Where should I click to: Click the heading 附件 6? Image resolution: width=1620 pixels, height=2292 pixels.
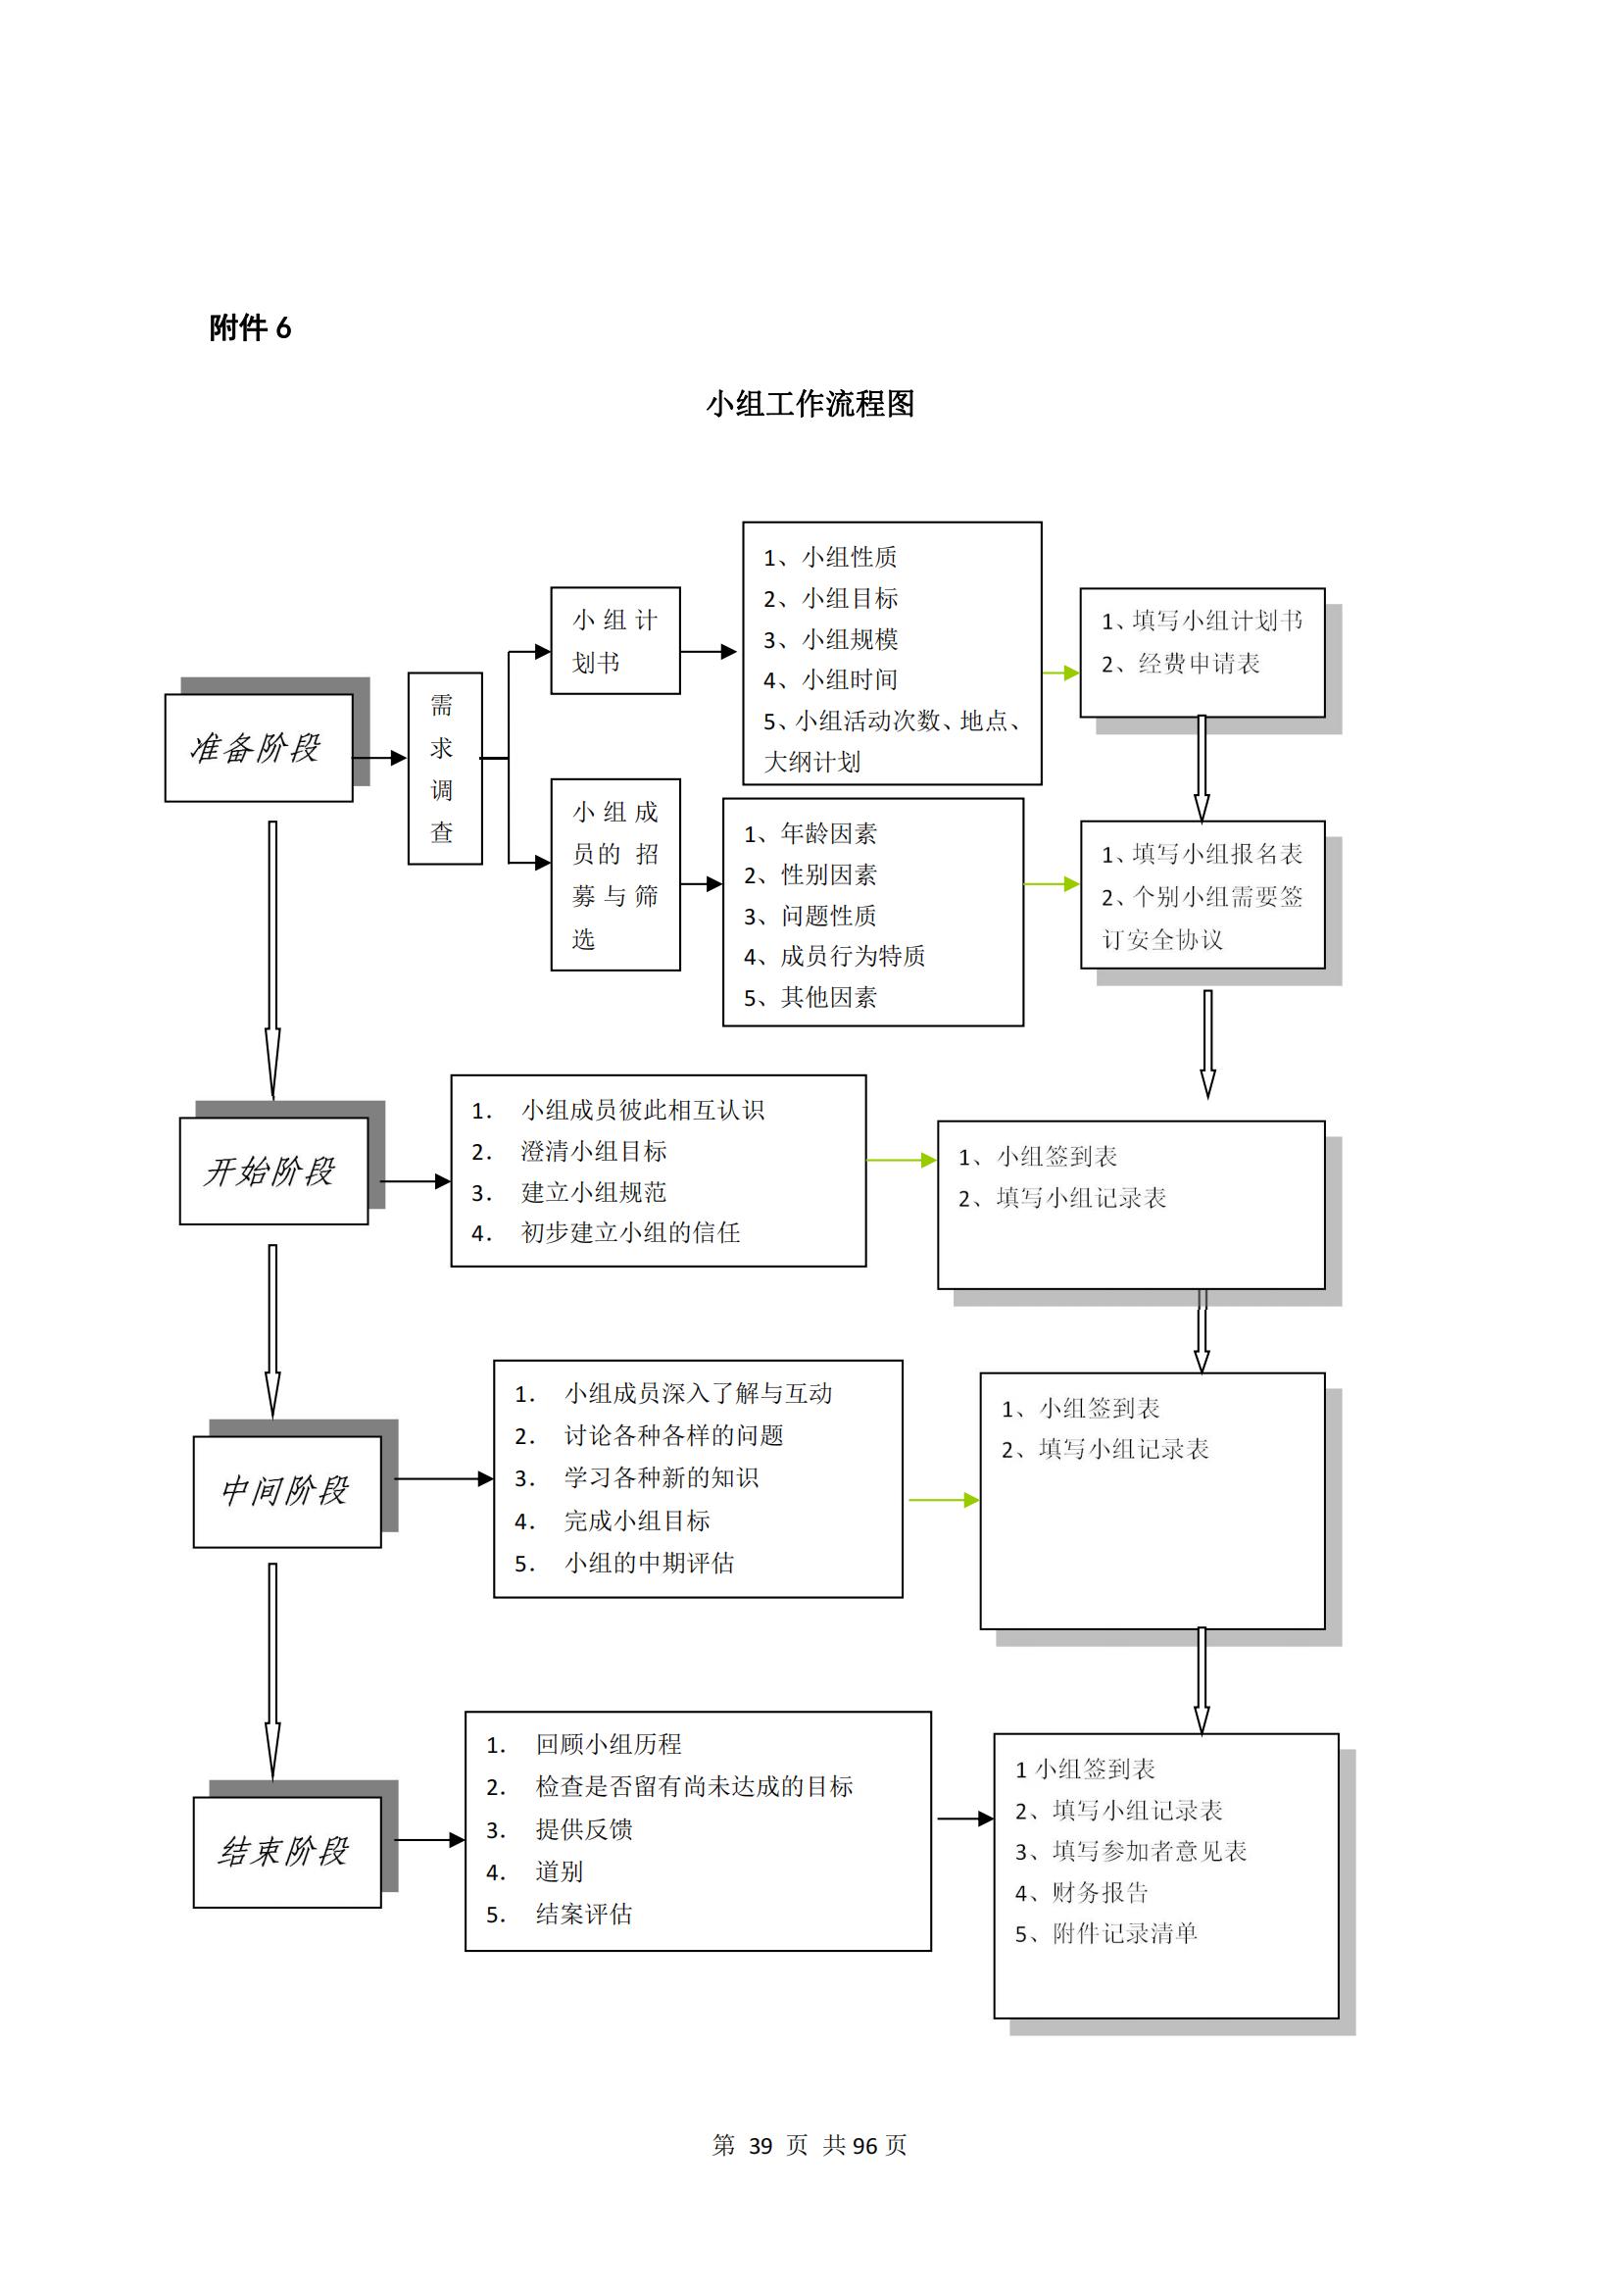click(250, 327)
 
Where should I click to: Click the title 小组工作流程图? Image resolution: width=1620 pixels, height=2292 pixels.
click(810, 403)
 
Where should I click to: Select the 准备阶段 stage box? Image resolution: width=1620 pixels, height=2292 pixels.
click(259, 748)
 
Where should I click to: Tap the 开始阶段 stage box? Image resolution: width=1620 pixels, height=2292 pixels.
click(273, 1171)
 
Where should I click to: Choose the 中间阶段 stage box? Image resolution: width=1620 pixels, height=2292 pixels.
click(287, 1491)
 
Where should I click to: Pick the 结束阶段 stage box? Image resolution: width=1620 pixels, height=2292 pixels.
click(287, 1852)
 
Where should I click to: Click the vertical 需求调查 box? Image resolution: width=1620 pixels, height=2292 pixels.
click(445, 769)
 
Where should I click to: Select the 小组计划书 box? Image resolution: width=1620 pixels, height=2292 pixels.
click(615, 641)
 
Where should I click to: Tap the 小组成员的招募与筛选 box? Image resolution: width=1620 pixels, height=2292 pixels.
click(615, 874)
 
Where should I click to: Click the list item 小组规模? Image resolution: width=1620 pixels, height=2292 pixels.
click(830, 639)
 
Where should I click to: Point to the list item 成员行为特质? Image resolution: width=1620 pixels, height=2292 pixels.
click(834, 957)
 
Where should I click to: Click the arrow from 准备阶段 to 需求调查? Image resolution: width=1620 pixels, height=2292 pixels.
click(379, 758)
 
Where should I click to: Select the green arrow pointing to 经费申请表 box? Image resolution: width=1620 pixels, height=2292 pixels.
click(1061, 673)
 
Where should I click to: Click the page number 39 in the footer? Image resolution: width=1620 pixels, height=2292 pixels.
click(761, 2145)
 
